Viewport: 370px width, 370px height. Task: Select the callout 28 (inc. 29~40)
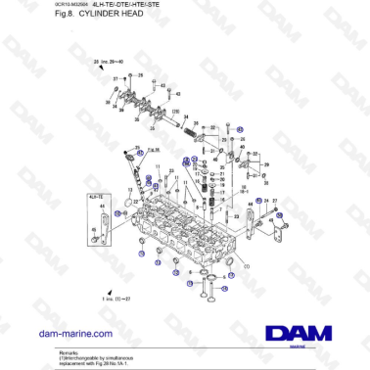point(110,62)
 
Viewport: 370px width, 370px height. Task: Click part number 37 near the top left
point(115,77)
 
